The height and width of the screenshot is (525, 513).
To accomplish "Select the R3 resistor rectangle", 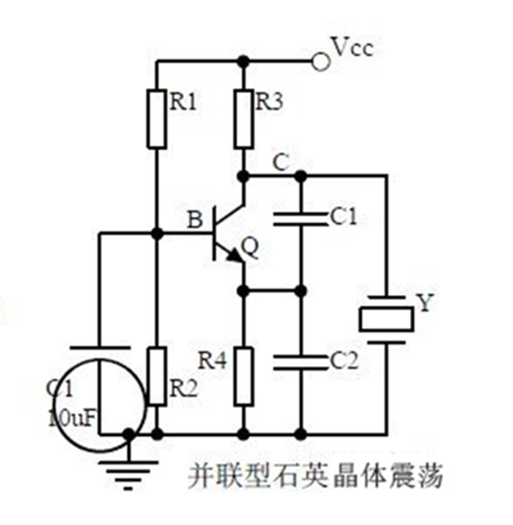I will tap(243, 118).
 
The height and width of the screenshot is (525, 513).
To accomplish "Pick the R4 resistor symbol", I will tap(243, 376).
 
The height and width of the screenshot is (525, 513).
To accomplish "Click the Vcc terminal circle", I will tap(316, 60).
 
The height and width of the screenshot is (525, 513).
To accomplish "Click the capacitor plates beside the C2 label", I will tap(301, 360).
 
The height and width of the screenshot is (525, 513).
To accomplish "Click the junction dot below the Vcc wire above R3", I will tap(243, 60).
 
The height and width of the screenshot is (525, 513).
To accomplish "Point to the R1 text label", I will tap(183, 102).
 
